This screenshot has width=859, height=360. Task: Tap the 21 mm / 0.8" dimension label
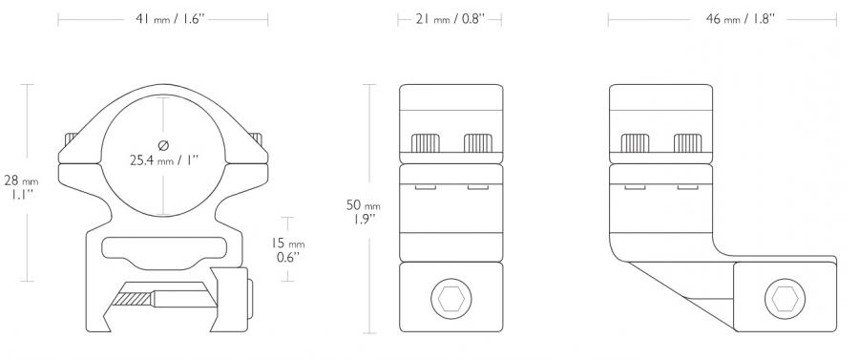(x=450, y=19)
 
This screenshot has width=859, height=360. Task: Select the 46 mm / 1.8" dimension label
(x=740, y=19)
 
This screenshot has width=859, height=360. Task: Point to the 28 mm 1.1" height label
(x=21, y=187)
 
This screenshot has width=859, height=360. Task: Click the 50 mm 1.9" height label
(x=363, y=212)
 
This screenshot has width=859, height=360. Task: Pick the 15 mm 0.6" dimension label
(x=288, y=250)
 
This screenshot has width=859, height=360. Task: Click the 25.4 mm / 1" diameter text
(x=164, y=160)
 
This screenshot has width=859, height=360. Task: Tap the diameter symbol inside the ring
(x=163, y=145)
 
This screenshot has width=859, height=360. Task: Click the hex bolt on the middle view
(x=450, y=299)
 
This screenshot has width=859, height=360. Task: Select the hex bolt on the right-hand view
(x=785, y=299)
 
